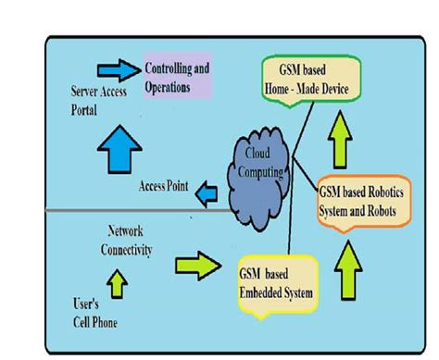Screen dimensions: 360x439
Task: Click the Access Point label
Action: (164, 187)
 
